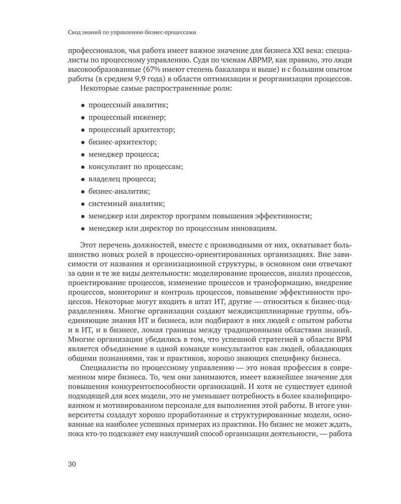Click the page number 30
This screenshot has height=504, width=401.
tap(71, 464)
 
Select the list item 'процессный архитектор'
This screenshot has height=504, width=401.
tap(132, 130)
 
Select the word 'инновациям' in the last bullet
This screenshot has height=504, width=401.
tap(255, 229)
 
